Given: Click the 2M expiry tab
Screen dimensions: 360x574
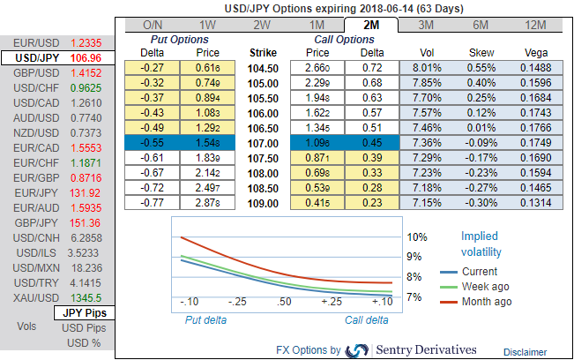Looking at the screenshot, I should (x=370, y=26).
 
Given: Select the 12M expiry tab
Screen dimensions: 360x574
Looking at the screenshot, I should (x=534, y=26).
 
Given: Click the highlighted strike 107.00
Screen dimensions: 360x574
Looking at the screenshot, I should (x=264, y=142).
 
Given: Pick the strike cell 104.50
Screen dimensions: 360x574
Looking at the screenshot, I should (x=264, y=67).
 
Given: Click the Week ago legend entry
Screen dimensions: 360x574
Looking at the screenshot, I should (x=486, y=287).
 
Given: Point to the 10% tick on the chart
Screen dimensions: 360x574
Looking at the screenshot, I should (x=417, y=237).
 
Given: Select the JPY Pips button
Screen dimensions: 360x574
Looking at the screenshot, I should (x=82, y=313).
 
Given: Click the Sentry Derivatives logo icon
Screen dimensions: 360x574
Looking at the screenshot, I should (x=358, y=350).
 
